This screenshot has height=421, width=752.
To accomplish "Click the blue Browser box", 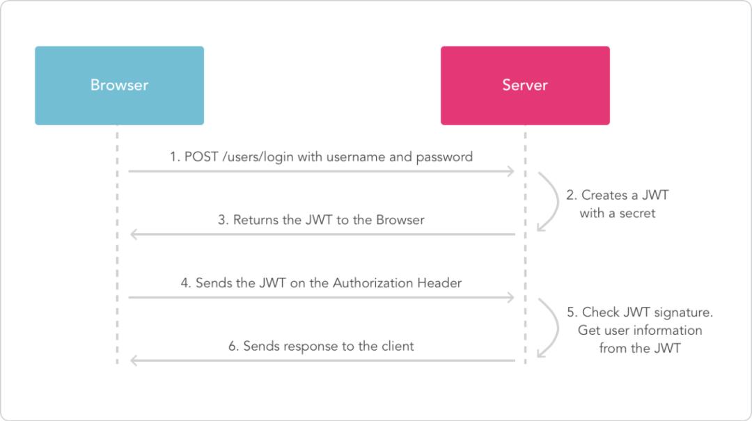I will click(x=119, y=86).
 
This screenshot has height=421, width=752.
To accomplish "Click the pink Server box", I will click(x=525, y=86).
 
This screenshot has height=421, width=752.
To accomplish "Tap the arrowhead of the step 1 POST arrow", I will click(x=511, y=171).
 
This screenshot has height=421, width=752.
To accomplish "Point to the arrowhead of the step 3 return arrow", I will click(x=134, y=235).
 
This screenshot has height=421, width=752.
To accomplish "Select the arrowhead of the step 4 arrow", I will click(x=511, y=298).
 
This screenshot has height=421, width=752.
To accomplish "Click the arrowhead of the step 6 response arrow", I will click(x=134, y=360).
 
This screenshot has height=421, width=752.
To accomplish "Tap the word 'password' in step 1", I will click(x=444, y=157).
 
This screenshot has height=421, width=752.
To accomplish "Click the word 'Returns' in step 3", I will click(x=256, y=220).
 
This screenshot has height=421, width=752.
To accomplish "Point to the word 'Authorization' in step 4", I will click(x=373, y=283).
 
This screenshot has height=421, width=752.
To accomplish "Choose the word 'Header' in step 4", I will click(x=439, y=283).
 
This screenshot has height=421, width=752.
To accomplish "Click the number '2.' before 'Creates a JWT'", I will click(x=571, y=196).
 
